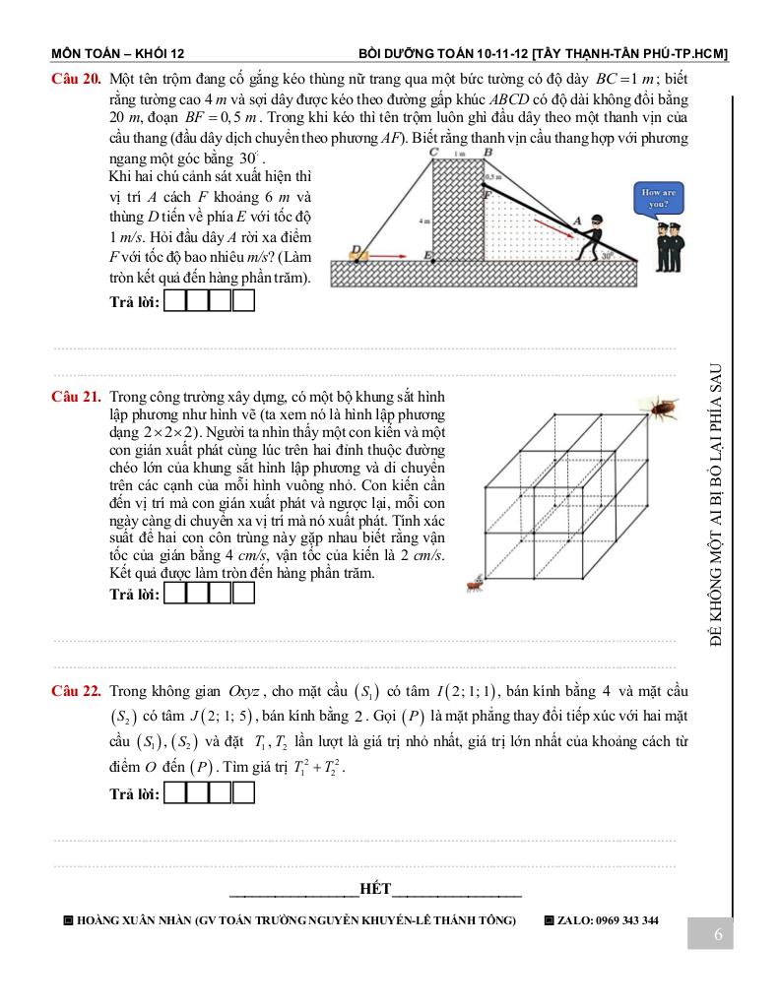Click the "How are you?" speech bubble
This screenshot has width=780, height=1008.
(x=657, y=198)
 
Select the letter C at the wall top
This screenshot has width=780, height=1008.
(x=434, y=153)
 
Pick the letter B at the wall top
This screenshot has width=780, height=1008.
(x=487, y=153)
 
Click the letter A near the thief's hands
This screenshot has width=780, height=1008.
(x=578, y=218)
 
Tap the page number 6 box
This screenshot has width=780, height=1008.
(x=718, y=934)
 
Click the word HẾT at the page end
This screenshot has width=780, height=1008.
(x=375, y=890)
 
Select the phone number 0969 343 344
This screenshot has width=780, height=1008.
(x=624, y=920)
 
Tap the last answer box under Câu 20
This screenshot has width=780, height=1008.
(x=244, y=302)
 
